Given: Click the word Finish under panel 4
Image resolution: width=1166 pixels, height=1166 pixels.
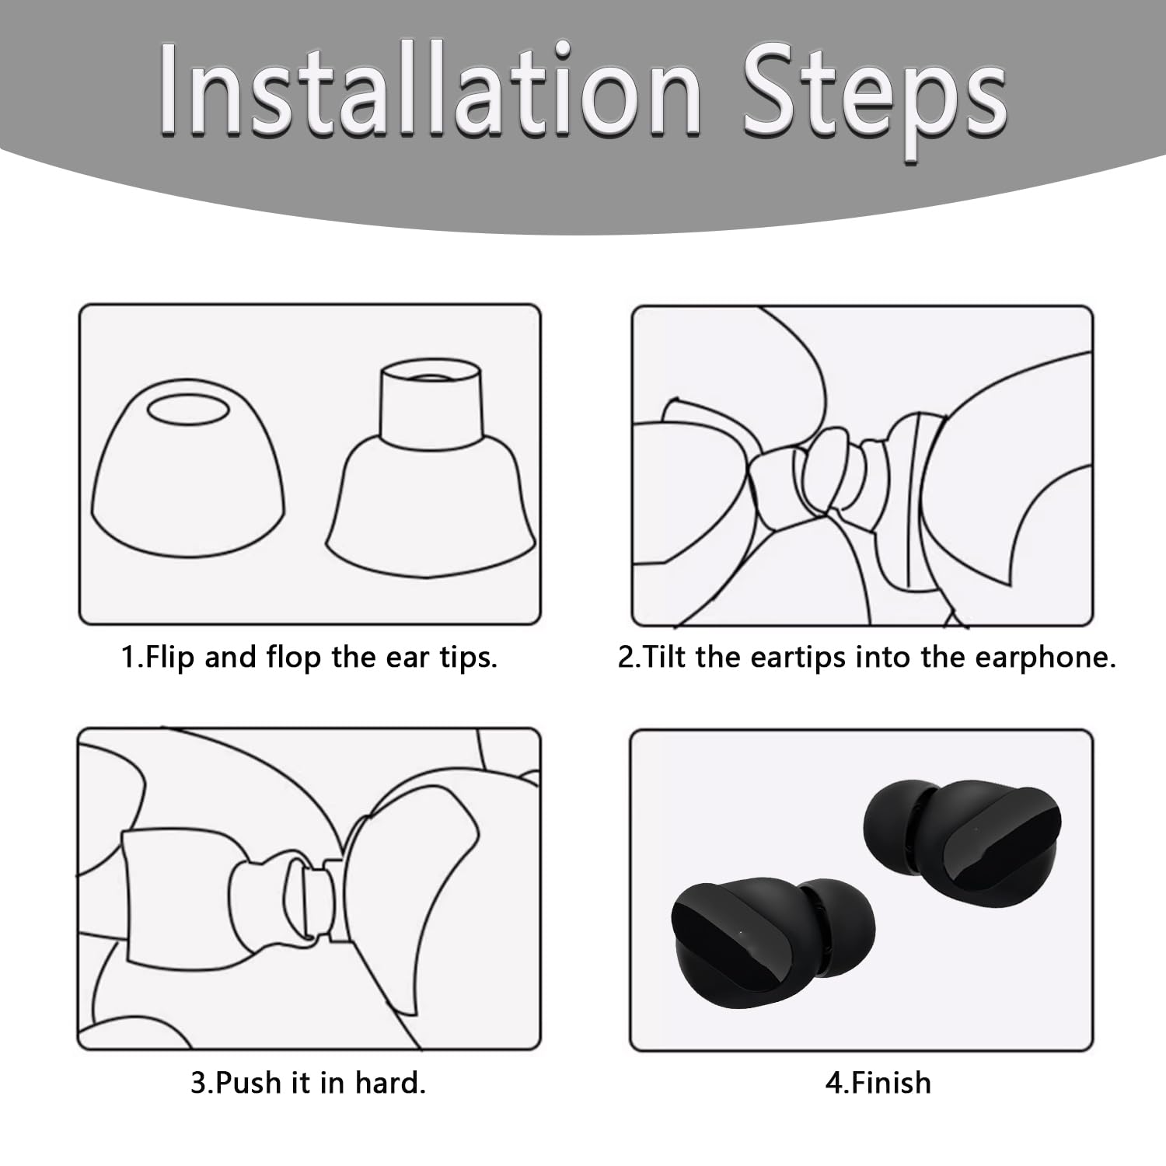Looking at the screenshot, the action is point(890,1082).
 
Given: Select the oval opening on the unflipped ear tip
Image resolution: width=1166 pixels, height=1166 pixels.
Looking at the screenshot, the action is point(189,410).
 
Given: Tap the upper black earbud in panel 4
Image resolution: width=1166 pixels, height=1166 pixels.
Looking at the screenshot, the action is point(962,843).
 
